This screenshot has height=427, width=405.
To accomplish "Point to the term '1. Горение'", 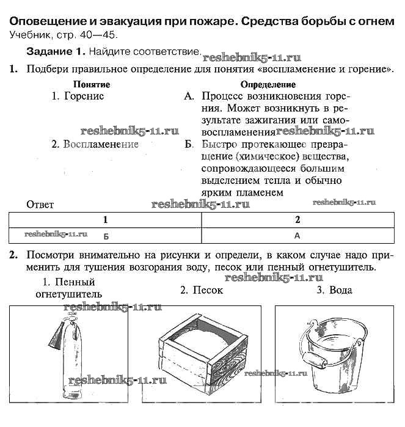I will (x=78, y=96).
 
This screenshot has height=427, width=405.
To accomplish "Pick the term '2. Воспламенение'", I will (x=95, y=145).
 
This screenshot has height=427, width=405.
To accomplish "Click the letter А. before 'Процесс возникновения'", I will (x=189, y=96).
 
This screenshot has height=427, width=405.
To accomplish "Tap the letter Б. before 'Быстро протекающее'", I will (x=189, y=145).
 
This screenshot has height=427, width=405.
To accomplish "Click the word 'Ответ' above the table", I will (x=41, y=205).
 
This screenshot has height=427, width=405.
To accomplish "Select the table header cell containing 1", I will (x=105, y=219).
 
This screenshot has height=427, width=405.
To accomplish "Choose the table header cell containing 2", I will (x=297, y=219).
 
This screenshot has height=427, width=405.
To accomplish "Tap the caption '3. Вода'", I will (x=334, y=290).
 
